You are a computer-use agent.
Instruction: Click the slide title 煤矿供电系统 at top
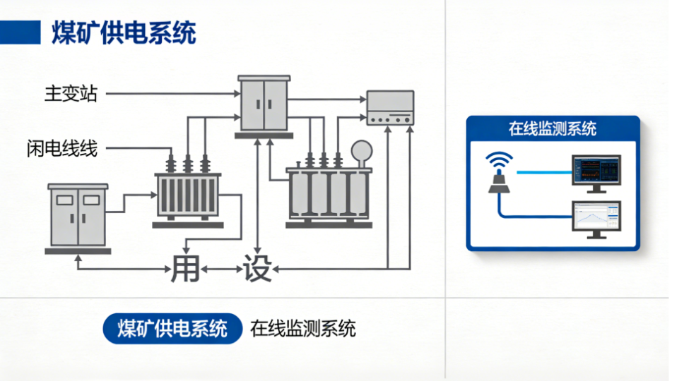[124, 32]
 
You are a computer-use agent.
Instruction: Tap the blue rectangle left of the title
[20, 32]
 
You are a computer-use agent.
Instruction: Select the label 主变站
[71, 93]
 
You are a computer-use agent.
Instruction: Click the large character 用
[186, 269]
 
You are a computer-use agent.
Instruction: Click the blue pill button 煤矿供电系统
[172, 329]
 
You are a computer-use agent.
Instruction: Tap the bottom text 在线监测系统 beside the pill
[302, 329]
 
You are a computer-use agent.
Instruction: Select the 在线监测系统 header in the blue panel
[553, 128]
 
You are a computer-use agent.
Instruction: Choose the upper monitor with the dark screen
[596, 171]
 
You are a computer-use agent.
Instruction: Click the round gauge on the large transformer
[362, 151]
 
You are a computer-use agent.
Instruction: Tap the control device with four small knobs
[389, 109]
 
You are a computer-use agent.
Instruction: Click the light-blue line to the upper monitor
[543, 171]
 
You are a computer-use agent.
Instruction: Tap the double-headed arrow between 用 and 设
[221, 270]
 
